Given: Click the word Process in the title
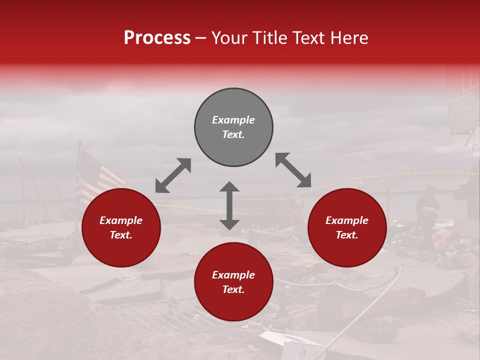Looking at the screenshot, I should (157, 38).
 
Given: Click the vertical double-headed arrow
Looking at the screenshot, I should (229, 205).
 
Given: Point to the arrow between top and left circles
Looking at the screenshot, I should (173, 175).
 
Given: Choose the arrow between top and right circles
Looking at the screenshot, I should (293, 170).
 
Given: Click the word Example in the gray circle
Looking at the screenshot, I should (233, 120).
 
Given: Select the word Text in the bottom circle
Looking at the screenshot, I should (233, 289).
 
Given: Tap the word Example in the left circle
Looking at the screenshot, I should (121, 220).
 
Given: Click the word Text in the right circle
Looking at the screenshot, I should (346, 235).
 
